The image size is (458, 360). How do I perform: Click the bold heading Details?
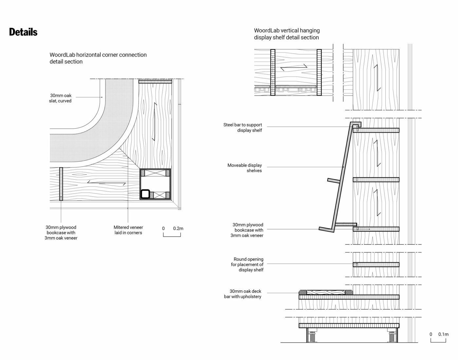[x=23, y=32]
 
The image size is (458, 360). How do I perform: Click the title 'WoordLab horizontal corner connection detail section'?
[x=98, y=58]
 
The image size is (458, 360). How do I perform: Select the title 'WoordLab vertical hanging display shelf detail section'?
[x=287, y=34]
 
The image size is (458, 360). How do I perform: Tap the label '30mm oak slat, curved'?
[x=60, y=98]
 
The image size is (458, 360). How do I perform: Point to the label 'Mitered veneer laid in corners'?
[x=128, y=230]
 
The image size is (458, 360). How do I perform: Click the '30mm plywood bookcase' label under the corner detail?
[x=61, y=232]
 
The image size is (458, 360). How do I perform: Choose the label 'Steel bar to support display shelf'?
[x=243, y=128]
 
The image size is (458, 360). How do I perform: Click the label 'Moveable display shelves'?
[x=245, y=168]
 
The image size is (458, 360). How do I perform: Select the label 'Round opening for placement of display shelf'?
[x=247, y=264]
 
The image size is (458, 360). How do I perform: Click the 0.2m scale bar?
[x=172, y=234]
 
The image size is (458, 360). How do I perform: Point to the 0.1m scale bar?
[x=438, y=340]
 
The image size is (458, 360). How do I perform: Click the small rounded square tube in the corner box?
[x=145, y=194]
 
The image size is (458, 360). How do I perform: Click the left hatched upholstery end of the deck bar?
[x=303, y=292]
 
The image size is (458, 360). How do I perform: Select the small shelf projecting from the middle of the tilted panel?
[x=334, y=180]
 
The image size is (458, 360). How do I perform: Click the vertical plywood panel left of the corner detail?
[x=61, y=184]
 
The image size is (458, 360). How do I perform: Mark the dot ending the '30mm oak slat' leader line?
[x=101, y=97]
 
